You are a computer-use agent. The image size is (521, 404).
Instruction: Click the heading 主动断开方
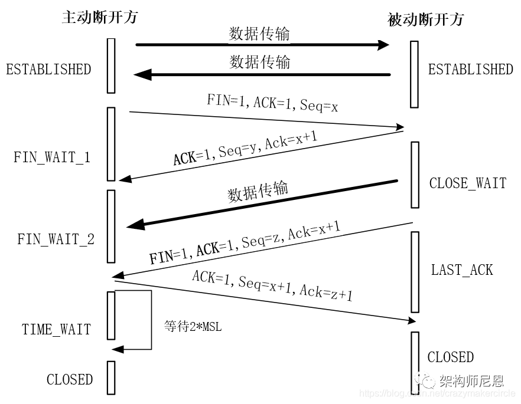(99, 17)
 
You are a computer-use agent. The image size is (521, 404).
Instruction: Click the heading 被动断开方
(425, 19)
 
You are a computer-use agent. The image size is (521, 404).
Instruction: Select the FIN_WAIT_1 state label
(52, 157)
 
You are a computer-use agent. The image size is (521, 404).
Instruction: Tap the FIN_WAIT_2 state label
(56, 239)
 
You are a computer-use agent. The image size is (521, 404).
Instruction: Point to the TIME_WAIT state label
(57, 329)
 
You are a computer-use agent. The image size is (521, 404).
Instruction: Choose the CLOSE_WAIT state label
(467, 183)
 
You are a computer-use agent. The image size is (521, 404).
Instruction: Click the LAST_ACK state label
(461, 270)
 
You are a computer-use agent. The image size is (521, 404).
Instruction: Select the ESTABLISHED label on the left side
(48, 70)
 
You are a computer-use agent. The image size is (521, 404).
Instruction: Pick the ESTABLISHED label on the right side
(470, 70)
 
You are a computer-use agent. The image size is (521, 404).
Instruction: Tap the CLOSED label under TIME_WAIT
(70, 379)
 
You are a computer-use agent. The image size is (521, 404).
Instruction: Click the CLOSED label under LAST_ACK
(450, 357)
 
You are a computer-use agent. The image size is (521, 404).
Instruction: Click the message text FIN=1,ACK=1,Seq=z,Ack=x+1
(245, 243)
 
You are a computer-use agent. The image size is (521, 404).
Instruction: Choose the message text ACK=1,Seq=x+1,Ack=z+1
(272, 285)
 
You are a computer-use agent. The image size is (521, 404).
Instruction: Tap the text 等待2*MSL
(193, 326)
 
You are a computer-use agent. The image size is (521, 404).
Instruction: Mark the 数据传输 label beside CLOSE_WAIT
(258, 192)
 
